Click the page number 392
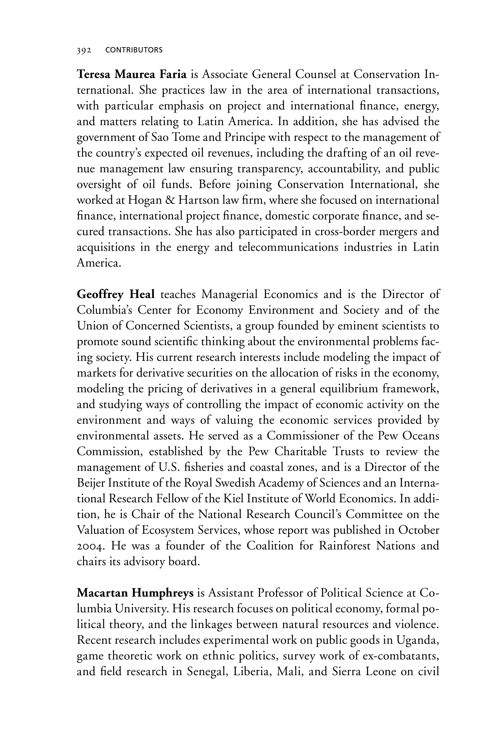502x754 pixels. pyautogui.click(x=84, y=50)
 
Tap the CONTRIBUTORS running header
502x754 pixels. pyautogui.click(x=134, y=50)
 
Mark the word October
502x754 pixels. pyautogui.click(x=418, y=530)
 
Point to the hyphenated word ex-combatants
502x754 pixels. pyautogui.click(x=400, y=656)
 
